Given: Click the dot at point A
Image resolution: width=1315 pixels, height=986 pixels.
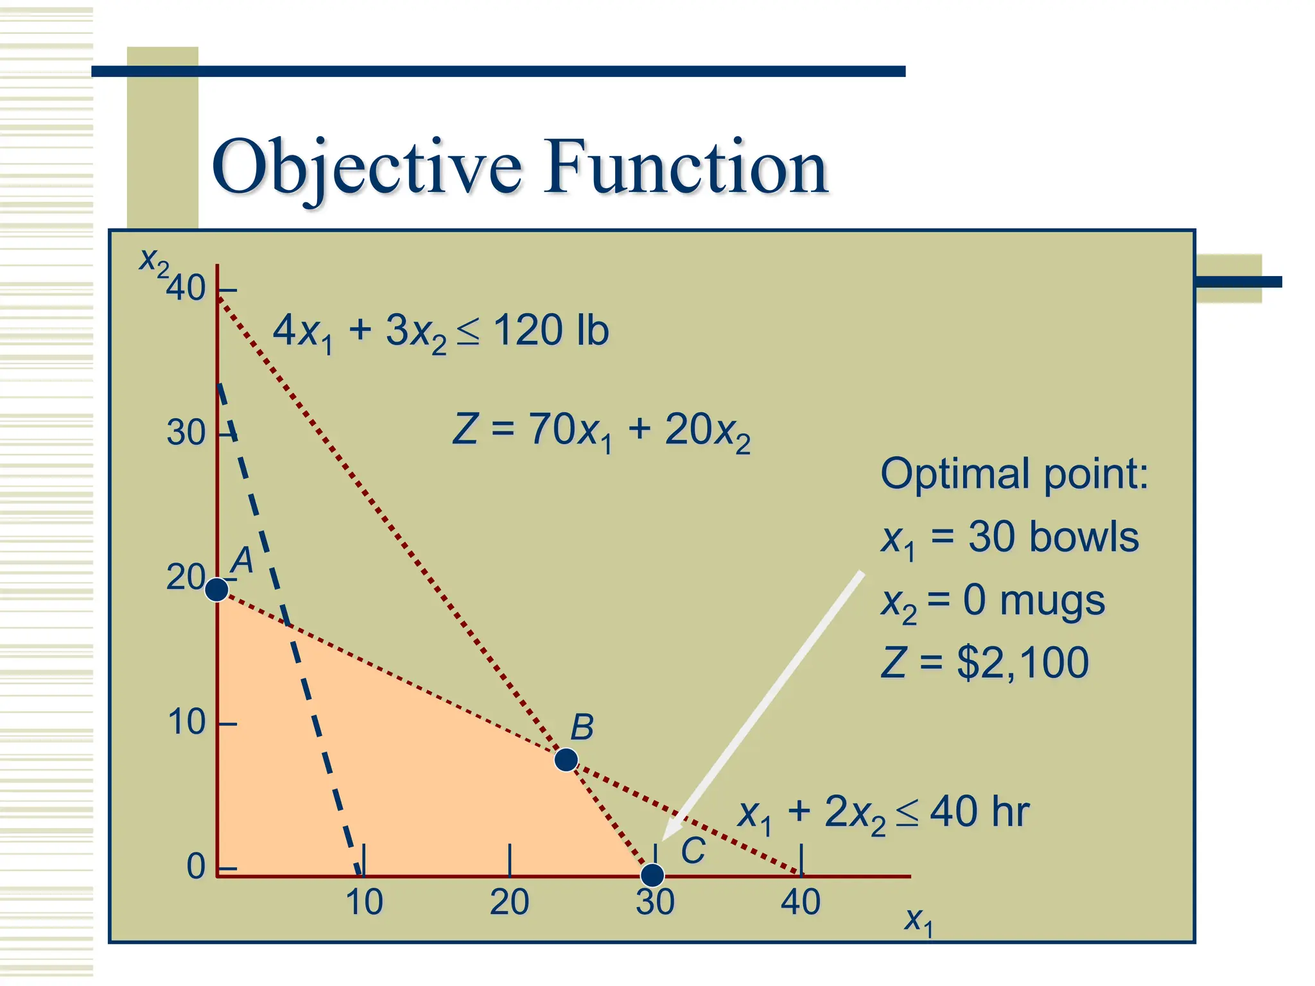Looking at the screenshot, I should [217, 589].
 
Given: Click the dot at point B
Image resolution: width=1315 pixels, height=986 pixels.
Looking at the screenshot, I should [566, 759].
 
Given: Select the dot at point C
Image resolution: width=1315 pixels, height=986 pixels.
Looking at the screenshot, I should [652, 874].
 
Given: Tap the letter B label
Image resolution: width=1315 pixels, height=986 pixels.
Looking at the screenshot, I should [582, 727].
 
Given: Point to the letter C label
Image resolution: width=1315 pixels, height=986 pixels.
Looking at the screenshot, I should [693, 851].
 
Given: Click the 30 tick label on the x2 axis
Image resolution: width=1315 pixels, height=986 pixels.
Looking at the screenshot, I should [186, 433].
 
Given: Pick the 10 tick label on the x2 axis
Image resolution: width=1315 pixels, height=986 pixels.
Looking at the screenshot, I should [186, 722].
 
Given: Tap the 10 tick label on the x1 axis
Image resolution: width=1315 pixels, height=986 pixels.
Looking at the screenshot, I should [364, 902].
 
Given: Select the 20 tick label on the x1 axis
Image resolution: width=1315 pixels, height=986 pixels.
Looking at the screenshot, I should [509, 902].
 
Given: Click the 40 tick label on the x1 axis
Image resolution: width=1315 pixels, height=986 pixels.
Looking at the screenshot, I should [801, 902].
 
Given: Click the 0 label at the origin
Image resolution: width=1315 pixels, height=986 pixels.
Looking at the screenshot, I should [196, 867].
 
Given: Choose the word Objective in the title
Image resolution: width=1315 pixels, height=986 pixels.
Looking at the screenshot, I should [367, 168].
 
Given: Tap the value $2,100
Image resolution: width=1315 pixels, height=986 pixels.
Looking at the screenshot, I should [1023, 662].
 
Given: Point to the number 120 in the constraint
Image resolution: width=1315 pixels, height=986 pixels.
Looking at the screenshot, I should [529, 331].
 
